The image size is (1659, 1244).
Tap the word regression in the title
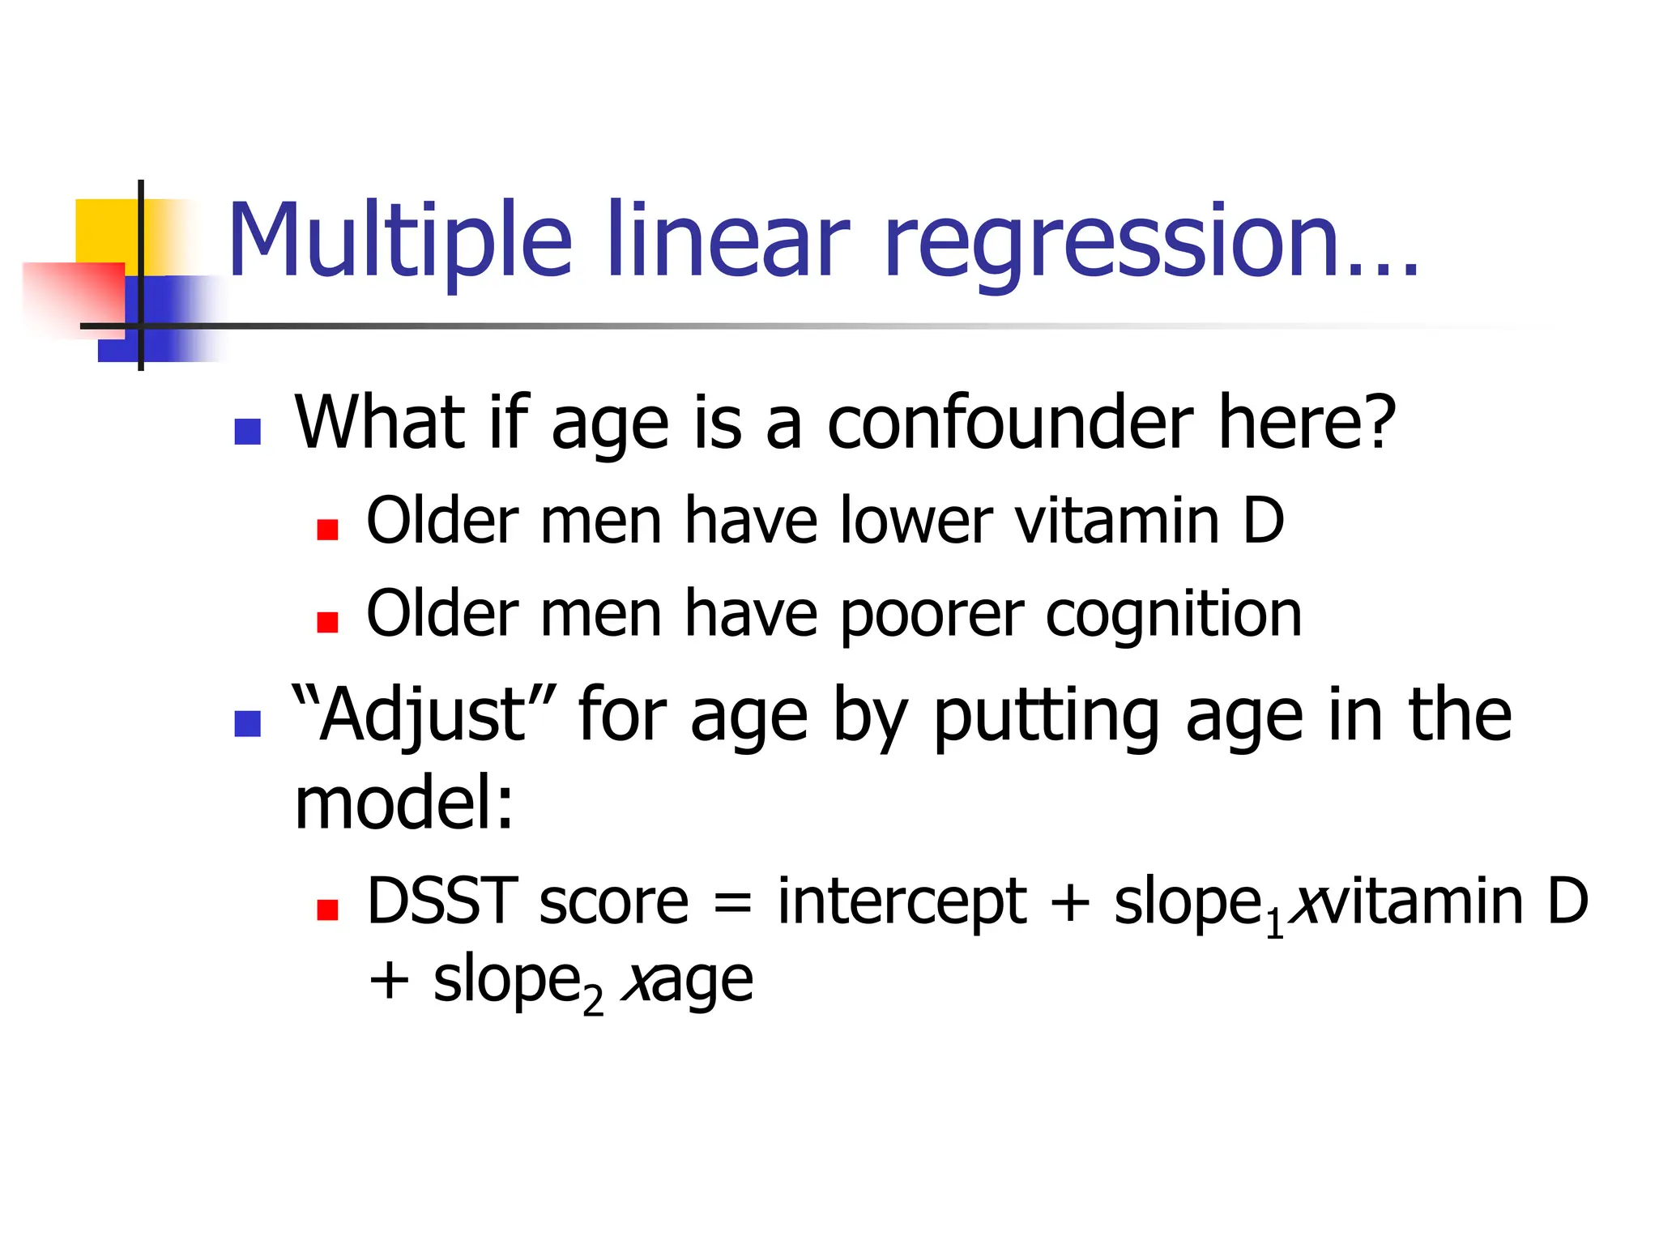coord(1111,241)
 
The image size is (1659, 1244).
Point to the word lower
coord(915,521)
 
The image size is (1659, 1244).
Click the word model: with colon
coord(404,803)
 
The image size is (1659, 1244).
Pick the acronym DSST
coord(442,901)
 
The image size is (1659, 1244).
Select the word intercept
coord(902,901)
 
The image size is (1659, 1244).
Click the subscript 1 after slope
coord(1274,924)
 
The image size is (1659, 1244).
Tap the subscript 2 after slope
coord(593,1002)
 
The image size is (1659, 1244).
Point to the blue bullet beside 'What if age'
coord(247,431)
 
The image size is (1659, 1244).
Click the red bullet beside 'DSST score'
coord(327,910)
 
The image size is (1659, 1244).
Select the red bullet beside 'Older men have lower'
coord(327,530)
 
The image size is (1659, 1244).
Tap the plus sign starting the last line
coord(389,981)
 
